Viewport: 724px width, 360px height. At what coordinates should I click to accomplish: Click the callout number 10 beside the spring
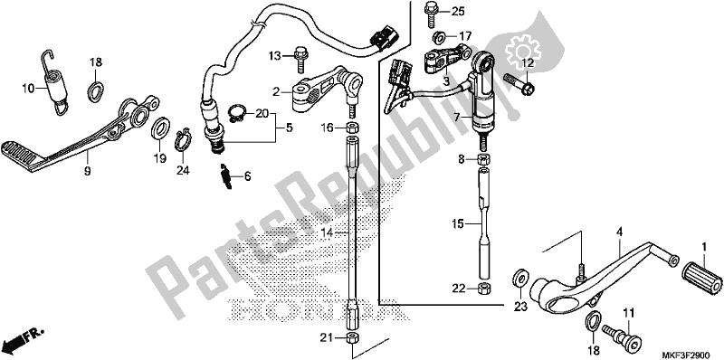tap(27, 89)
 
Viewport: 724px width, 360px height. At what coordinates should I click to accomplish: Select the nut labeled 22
tap(484, 289)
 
